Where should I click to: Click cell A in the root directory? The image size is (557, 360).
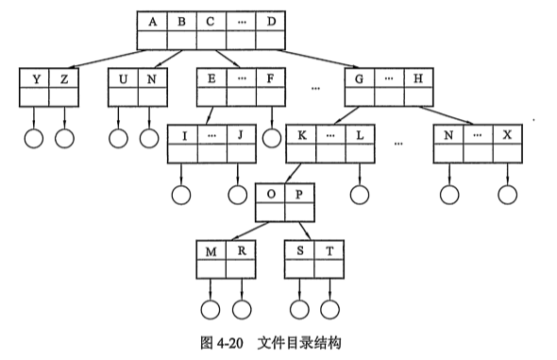152,22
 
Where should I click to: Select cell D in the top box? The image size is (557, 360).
270,22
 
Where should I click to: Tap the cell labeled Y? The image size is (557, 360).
34,78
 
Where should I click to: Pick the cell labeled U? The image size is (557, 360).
123,78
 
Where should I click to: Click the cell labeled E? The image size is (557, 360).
211,78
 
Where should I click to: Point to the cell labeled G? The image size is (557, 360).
360,78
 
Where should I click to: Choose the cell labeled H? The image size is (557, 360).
418,78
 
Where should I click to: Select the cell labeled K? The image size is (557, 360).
301,135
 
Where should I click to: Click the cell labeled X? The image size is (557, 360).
507,135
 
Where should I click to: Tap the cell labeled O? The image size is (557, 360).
270,194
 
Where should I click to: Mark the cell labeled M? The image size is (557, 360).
211,250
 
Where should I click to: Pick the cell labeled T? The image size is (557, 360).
329,250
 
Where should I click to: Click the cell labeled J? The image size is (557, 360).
241,135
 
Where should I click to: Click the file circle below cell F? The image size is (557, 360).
272,138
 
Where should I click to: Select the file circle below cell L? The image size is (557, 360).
360,195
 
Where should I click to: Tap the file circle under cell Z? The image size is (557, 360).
64,138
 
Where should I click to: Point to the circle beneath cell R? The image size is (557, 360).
242,310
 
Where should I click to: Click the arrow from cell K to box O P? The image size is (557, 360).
294,174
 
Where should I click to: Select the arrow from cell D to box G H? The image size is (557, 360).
317,59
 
